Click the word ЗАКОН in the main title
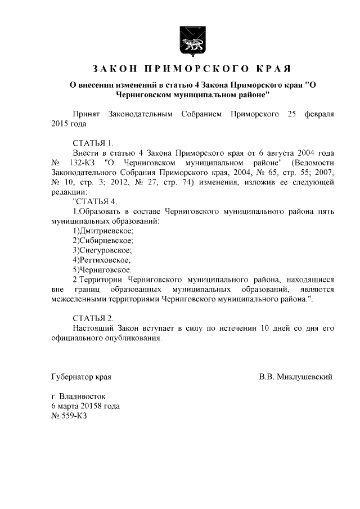tap(115, 69)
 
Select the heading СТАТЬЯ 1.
tap(93, 143)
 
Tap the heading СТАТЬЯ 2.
tap(93, 318)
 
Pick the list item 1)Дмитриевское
tap(103, 231)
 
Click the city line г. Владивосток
tap(78, 396)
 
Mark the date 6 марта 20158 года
tap(85, 406)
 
